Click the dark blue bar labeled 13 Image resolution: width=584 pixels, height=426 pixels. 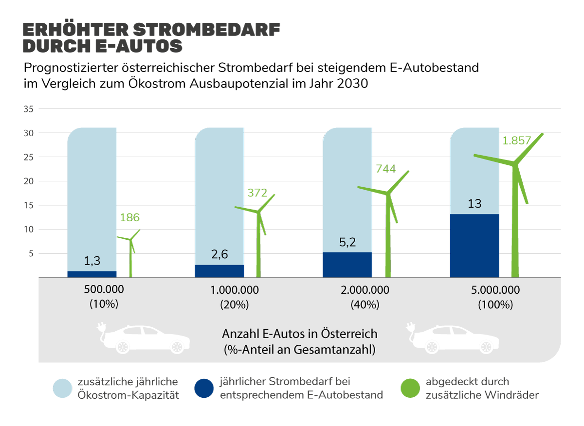[474, 246]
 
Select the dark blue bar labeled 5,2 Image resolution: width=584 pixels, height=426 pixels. [347, 265]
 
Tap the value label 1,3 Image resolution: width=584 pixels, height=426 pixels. [92, 261]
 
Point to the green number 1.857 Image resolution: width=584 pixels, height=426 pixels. [517, 141]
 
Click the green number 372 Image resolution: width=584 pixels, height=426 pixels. [257, 193]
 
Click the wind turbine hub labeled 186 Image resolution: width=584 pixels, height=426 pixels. [130, 239]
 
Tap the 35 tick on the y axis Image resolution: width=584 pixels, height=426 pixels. [29, 109]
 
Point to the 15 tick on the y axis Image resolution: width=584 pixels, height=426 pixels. [29, 205]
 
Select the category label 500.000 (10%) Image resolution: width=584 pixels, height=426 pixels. [104, 297]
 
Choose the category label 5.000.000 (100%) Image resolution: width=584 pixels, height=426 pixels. [496, 297]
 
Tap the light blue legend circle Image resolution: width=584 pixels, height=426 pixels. [63, 388]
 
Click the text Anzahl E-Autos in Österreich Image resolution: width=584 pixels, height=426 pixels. [299, 335]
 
